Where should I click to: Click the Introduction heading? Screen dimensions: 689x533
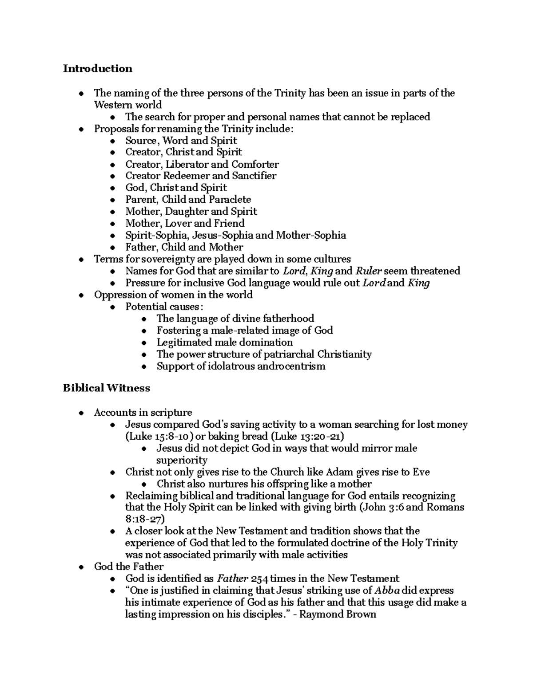[x=97, y=68]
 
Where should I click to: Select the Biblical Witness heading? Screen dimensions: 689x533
[x=106, y=388]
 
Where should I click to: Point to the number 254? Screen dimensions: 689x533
[x=260, y=579]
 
